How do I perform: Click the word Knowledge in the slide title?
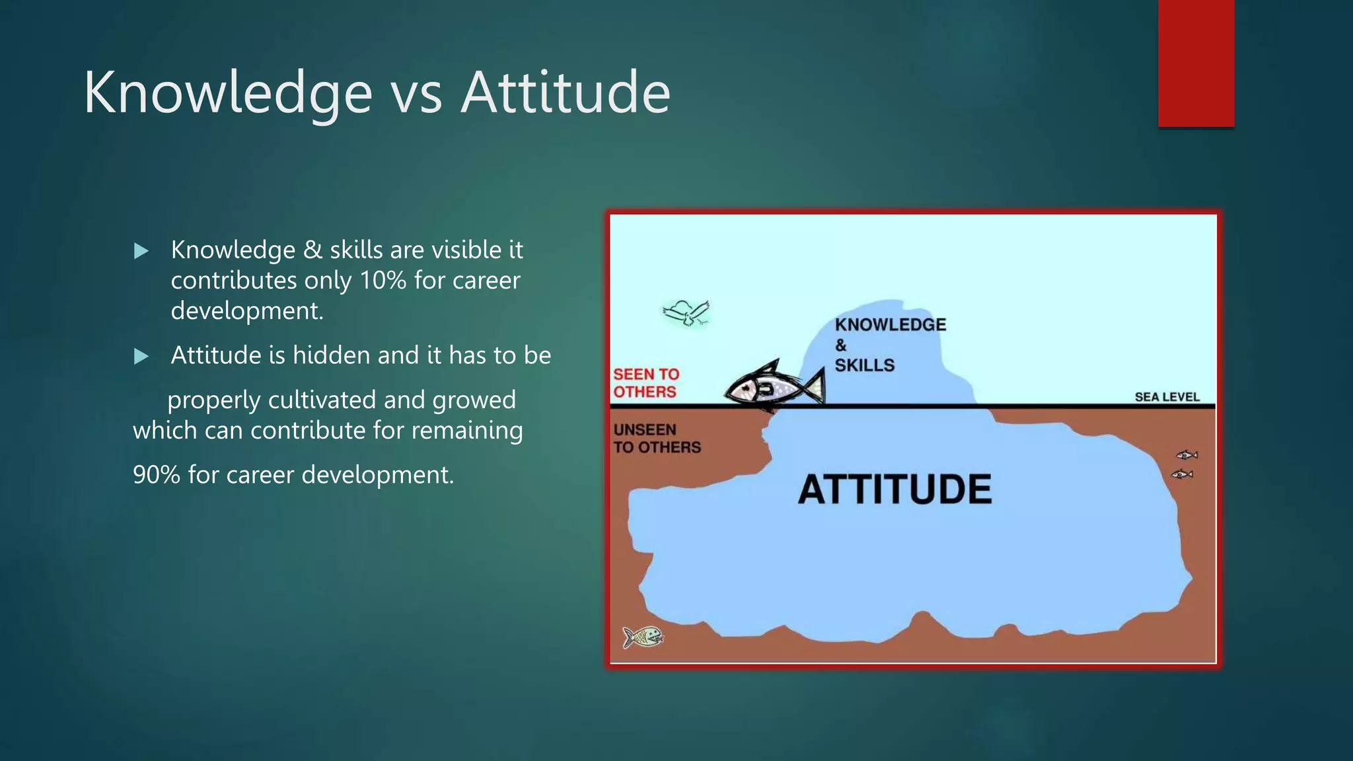[x=228, y=92]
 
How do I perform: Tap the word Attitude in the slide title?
[x=566, y=92]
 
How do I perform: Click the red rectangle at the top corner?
[x=1196, y=63]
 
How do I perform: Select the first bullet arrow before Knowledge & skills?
[x=141, y=251]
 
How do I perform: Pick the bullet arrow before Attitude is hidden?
[x=141, y=357]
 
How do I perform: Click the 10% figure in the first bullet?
[x=383, y=281]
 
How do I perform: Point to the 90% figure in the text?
[x=156, y=475]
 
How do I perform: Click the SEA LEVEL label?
[x=1167, y=397]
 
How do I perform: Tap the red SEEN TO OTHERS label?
[x=645, y=383]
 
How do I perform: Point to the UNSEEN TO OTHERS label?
[x=656, y=439]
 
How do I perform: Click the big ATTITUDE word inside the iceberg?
[x=895, y=489]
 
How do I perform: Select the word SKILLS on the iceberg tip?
[x=864, y=365]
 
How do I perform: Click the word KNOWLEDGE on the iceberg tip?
[x=890, y=325]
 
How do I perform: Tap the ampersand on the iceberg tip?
[x=840, y=345]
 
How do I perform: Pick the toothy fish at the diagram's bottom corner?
[x=643, y=637]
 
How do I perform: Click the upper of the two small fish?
[x=1187, y=454]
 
